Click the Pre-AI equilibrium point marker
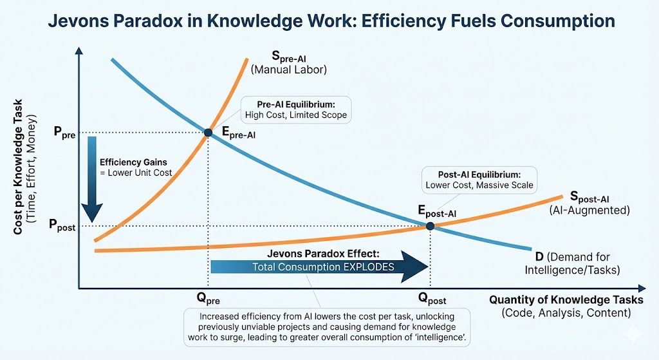point(208,133)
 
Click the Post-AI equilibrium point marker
point(430,225)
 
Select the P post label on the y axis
point(62,225)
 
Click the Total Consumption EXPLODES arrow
point(319,267)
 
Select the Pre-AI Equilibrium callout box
point(295,110)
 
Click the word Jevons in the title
point(80,21)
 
